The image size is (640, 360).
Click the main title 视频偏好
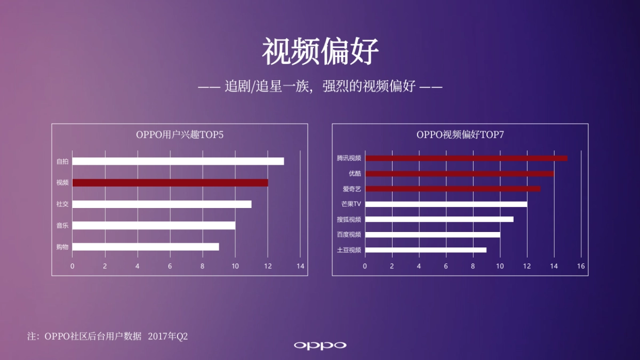pos(320,52)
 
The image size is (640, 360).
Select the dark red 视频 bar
pos(170,182)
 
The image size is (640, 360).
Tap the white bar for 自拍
pos(178,161)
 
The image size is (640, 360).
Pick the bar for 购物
pos(146,247)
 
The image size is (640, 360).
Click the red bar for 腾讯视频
pos(466,158)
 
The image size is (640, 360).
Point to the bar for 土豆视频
pos(426,250)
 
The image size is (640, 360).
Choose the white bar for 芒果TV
pos(446,204)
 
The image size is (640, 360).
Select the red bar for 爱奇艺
pos(453,189)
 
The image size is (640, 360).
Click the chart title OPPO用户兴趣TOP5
pos(180,135)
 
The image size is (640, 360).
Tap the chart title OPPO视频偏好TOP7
pos(460,135)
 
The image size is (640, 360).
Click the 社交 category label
pos(62,204)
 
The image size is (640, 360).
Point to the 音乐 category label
pos(62,226)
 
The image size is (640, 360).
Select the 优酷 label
pos(355,174)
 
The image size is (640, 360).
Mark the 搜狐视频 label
pos(349,219)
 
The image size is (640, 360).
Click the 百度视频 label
pos(349,235)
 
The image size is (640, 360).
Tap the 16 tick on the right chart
pos(581,266)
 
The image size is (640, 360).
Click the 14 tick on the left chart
pos(300,266)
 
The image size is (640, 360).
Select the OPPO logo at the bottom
pos(320,345)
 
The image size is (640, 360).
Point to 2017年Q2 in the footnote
pos(168,336)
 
